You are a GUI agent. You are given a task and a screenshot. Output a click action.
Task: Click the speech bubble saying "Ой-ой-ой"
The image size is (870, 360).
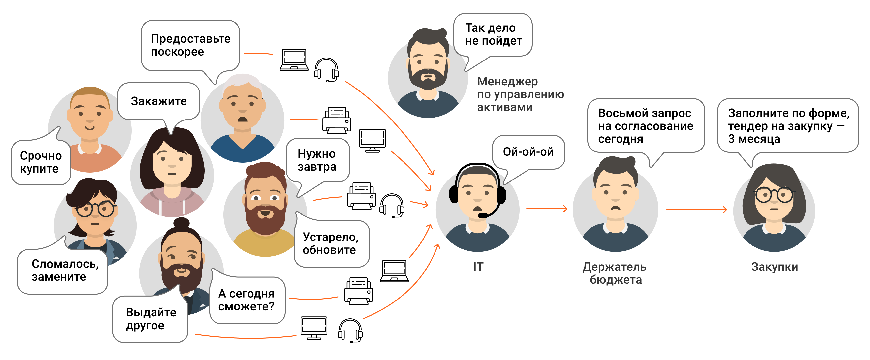528,152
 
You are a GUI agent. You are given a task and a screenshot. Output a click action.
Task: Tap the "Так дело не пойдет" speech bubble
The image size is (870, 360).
493,34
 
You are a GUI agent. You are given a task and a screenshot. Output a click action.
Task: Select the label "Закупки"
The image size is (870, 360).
775,267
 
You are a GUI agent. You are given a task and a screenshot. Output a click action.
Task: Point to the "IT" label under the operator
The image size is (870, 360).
478,267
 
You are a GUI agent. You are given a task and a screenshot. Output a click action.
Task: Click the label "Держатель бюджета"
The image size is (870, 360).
615,273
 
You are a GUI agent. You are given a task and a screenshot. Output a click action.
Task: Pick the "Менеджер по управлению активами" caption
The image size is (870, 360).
520,94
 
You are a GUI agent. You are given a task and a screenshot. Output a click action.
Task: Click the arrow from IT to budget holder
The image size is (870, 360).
546,209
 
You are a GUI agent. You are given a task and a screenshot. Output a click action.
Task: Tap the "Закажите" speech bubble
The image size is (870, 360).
159,101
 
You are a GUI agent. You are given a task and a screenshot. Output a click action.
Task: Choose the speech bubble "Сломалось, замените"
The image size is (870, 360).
63,270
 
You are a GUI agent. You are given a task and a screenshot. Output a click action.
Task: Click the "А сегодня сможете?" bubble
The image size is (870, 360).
247,300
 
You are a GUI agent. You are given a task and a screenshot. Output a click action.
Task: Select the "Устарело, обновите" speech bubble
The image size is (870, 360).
331,243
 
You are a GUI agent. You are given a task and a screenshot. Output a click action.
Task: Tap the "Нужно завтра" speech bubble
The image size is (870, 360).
317,160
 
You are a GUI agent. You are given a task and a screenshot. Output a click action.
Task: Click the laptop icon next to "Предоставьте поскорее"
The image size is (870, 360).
294,60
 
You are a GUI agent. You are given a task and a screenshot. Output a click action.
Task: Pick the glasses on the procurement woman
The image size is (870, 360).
774,195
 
